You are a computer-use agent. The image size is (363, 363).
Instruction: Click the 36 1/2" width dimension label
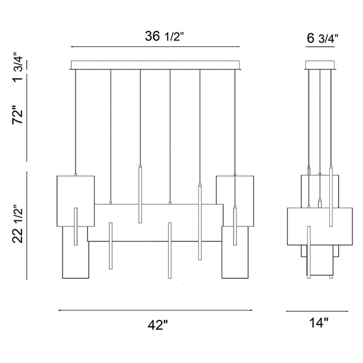164,36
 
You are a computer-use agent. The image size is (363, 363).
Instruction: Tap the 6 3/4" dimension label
323,38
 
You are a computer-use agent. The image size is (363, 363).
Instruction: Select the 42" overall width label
158,325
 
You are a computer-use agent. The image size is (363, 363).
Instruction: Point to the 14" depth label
319,323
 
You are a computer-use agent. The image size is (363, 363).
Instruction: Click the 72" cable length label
18,115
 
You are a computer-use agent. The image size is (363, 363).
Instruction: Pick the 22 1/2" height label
18,224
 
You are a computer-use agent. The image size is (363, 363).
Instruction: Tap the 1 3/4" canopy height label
18,67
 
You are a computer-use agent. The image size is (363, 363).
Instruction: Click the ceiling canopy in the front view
155,65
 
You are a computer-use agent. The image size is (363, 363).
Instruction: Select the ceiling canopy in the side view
320,65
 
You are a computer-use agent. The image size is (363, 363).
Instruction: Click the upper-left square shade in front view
76,201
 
